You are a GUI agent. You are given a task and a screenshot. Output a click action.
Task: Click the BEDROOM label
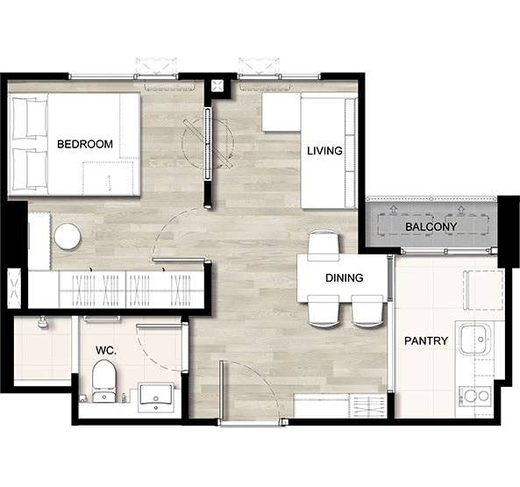85,144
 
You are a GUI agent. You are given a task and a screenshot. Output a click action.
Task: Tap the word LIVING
324,151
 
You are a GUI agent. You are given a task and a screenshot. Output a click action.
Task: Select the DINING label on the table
345,277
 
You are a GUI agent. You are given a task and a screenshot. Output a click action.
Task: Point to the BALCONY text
431,227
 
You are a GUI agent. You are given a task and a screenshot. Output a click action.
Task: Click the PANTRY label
426,340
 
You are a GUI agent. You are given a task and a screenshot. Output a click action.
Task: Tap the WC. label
106,350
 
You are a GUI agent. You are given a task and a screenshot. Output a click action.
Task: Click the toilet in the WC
104,382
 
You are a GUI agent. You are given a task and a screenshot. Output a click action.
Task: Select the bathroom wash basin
156,397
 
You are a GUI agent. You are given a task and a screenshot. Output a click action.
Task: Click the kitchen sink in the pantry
475,340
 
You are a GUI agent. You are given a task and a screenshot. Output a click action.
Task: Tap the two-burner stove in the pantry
474,396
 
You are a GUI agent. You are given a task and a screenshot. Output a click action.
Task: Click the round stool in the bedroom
68,237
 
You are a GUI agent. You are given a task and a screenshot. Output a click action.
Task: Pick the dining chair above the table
324,246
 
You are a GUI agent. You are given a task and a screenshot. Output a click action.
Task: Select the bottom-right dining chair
367,312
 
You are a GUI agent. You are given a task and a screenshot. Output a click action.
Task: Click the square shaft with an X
217,86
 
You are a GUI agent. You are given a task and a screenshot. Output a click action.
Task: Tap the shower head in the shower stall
42,322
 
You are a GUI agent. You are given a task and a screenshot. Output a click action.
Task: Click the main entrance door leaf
221,390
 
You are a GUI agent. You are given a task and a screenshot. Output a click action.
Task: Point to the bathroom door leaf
160,326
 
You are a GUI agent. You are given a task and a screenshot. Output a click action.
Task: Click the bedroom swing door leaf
178,260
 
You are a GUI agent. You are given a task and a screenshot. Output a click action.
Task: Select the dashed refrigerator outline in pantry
485,290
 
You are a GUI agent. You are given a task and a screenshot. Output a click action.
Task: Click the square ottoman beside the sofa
281,112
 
